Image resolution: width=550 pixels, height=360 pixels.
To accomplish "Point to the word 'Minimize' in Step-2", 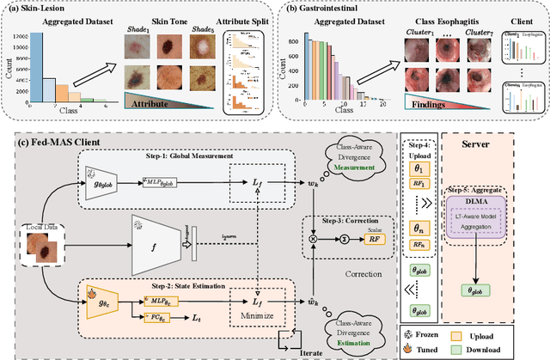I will (x=257, y=315).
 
